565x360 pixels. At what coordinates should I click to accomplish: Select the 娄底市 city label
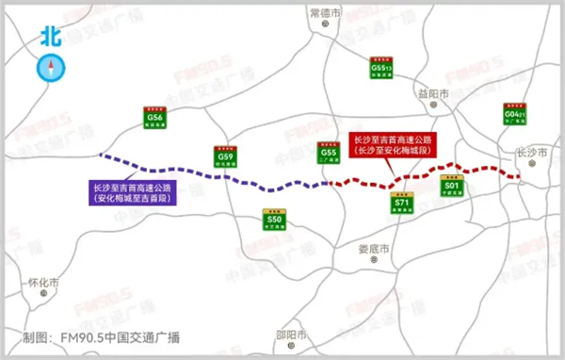pyautogui.click(x=375, y=249)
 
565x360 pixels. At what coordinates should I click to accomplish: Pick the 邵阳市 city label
pyautogui.click(x=291, y=335)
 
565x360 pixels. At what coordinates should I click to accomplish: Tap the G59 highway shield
pyautogui.click(x=224, y=156)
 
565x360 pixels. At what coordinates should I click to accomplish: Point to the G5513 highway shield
pyautogui.click(x=381, y=70)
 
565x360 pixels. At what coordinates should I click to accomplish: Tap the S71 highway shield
pyautogui.click(x=400, y=205)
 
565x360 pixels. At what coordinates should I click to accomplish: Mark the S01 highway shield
pyautogui.click(x=451, y=188)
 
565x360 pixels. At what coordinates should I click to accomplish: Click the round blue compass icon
pyautogui.click(x=50, y=68)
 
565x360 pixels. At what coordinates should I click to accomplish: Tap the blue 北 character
pyautogui.click(x=50, y=36)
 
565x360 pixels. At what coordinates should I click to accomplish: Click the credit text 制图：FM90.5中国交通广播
pyautogui.click(x=102, y=337)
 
